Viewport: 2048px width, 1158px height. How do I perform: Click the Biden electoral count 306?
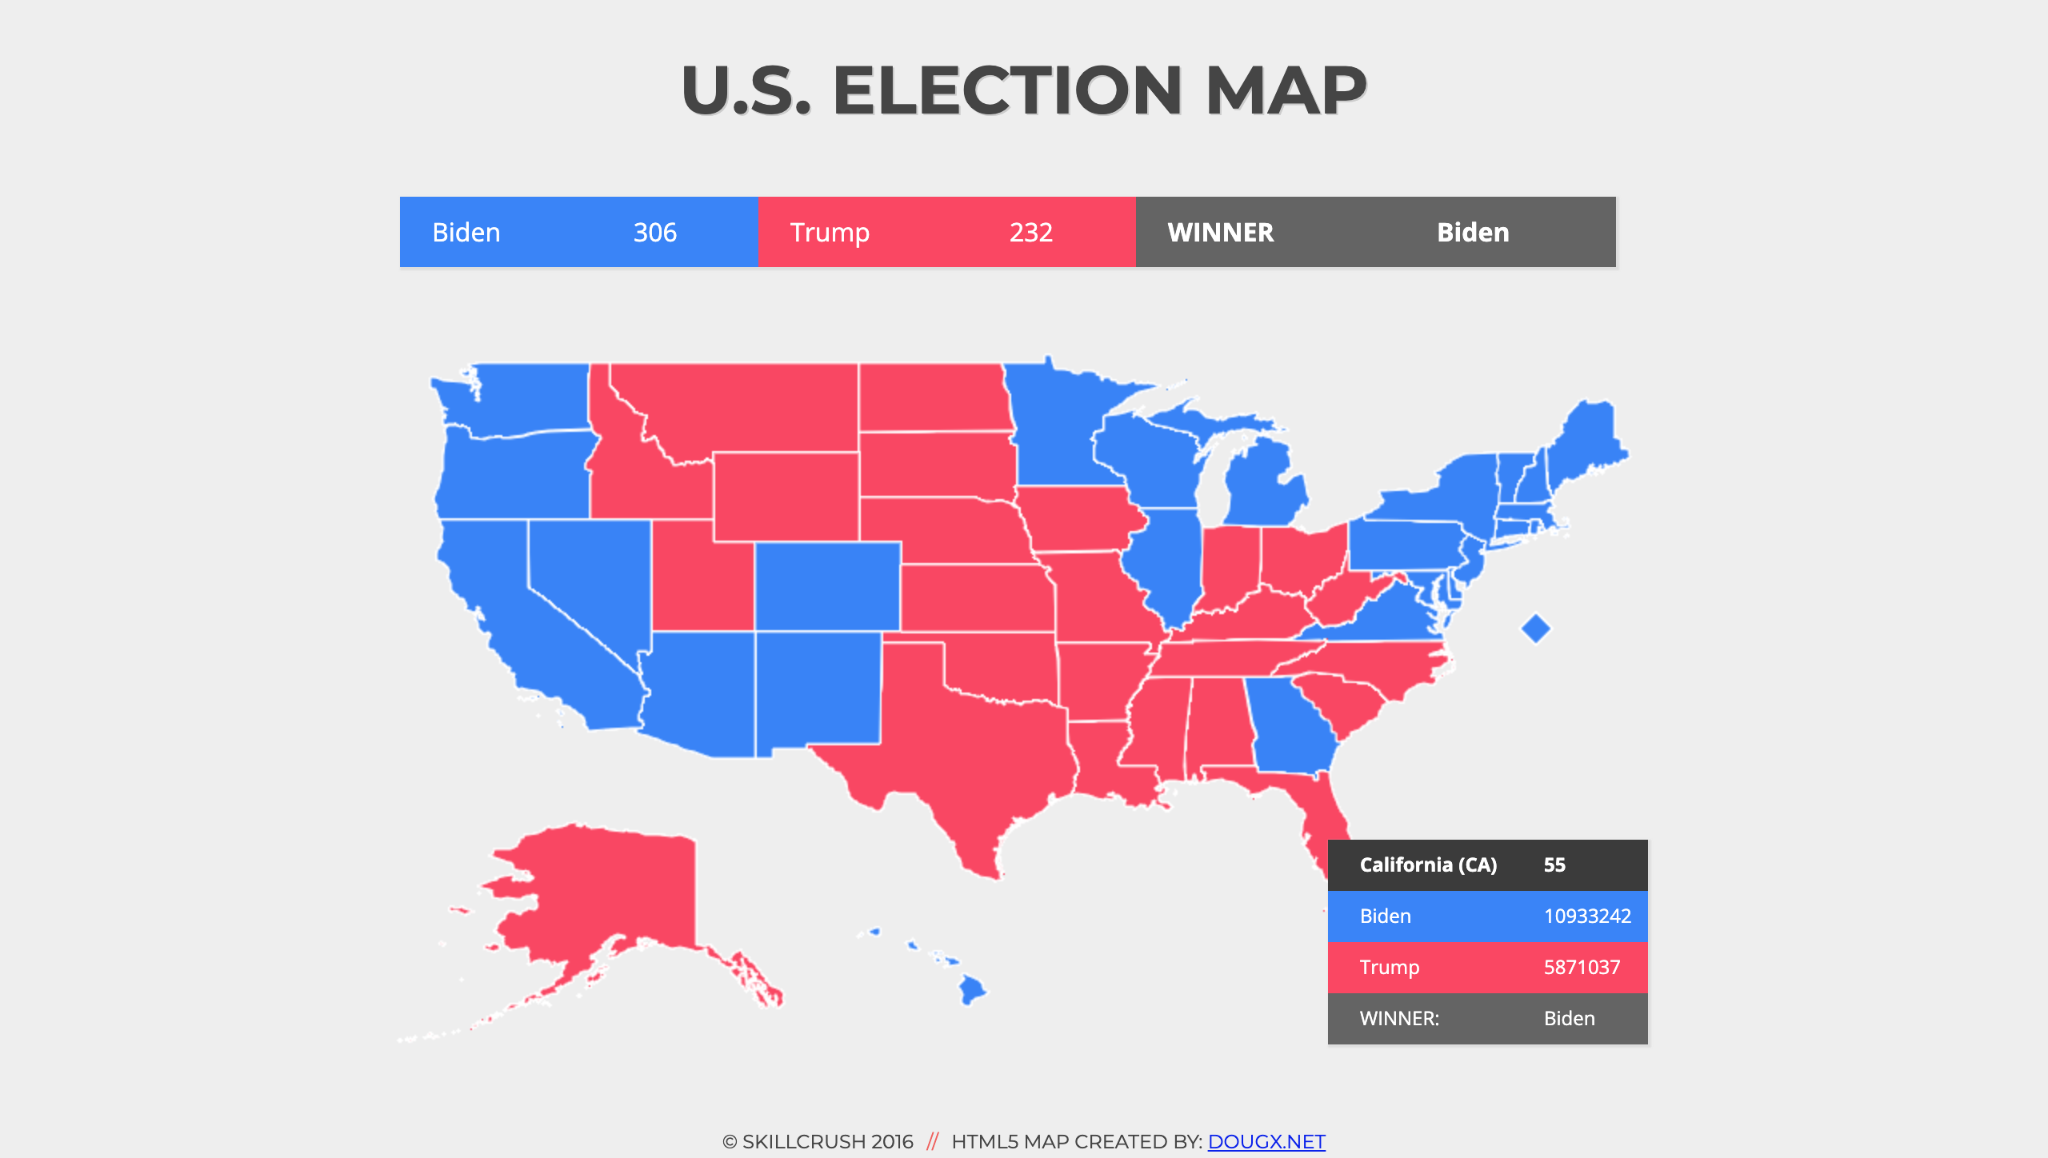coord(654,233)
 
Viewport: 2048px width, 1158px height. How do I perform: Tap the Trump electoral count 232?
coord(1030,233)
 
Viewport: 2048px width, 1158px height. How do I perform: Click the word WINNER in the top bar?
coord(1220,233)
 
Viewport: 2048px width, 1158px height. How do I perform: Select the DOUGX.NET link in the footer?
coord(1266,1141)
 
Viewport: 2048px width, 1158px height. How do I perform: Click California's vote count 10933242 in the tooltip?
coord(1586,916)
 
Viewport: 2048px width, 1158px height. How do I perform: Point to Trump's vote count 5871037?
coord(1581,968)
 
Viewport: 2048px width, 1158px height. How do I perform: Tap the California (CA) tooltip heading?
coord(1427,865)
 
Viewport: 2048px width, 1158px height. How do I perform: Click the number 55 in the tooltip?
coord(1554,865)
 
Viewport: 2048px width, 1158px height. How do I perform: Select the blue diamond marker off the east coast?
coord(1535,629)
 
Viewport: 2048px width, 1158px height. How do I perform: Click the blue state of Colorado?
coord(827,586)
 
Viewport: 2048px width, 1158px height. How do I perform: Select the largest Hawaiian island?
coord(972,990)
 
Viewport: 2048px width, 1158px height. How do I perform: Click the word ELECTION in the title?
coord(1006,90)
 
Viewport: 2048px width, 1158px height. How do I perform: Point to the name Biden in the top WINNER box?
coord(1472,233)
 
